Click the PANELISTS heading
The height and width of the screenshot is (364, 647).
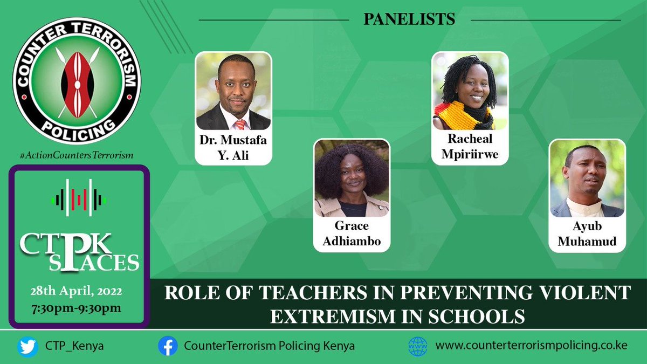409,19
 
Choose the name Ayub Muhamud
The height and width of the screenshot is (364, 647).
588,234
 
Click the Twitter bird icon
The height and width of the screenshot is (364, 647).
27,346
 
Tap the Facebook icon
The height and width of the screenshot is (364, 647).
168,346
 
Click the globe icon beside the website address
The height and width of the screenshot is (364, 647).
417,346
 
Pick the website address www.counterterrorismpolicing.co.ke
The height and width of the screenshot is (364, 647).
531,346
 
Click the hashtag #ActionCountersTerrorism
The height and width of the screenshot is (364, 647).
76,155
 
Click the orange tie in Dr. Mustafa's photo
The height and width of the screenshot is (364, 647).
239,124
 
